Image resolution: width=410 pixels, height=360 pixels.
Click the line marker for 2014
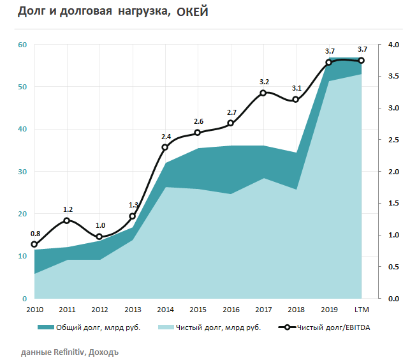[165, 147]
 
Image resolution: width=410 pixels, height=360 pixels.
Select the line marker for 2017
[263, 93]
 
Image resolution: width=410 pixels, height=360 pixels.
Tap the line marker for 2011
[67, 221]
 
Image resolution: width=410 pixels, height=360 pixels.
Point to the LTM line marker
[362, 61]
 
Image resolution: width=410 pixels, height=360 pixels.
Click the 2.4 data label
[165, 137]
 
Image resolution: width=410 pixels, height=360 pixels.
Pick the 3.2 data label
[263, 82]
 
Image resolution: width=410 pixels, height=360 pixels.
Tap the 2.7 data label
[231, 112]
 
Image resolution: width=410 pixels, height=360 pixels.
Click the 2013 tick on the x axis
[132, 310]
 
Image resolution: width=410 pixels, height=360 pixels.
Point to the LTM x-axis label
[362, 310]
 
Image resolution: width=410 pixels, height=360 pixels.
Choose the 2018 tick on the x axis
[296, 310]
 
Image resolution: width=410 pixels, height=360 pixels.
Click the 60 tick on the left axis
[22, 45]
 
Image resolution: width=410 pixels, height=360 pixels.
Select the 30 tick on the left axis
[22, 172]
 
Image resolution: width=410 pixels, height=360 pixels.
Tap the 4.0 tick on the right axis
[376, 45]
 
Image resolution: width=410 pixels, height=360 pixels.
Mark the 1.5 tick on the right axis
[376, 204]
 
